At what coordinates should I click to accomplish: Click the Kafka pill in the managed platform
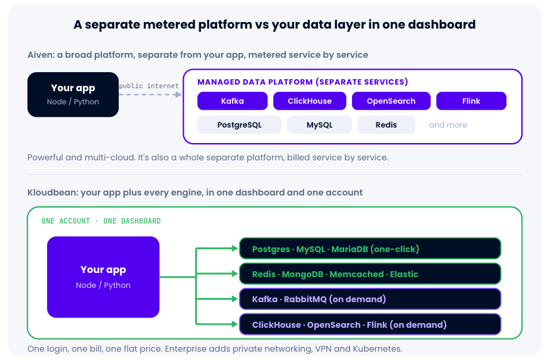[232, 101]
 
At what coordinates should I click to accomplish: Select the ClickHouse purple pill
[310, 101]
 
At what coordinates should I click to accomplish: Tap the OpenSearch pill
[391, 101]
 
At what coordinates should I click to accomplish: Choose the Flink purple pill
[471, 101]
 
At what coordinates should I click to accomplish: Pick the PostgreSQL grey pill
[239, 125]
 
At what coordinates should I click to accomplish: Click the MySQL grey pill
[320, 125]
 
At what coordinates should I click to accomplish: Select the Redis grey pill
[386, 125]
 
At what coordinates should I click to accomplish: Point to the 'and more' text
[448, 125]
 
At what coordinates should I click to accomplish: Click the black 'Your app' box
[73, 94]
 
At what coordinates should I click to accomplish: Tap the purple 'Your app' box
[103, 277]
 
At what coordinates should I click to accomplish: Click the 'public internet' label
[149, 86]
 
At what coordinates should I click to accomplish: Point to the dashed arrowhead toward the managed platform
[178, 94]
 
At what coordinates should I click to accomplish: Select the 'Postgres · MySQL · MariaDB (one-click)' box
[370, 249]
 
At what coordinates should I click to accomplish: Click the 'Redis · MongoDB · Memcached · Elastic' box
[370, 274]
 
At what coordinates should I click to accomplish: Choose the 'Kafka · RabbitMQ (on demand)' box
[370, 299]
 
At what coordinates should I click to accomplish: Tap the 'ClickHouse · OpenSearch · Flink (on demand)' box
[370, 324]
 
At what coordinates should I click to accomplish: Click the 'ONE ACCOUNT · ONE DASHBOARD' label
[101, 221]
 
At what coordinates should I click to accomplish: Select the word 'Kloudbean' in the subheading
[52, 193]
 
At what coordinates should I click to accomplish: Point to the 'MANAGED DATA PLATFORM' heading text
[255, 82]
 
